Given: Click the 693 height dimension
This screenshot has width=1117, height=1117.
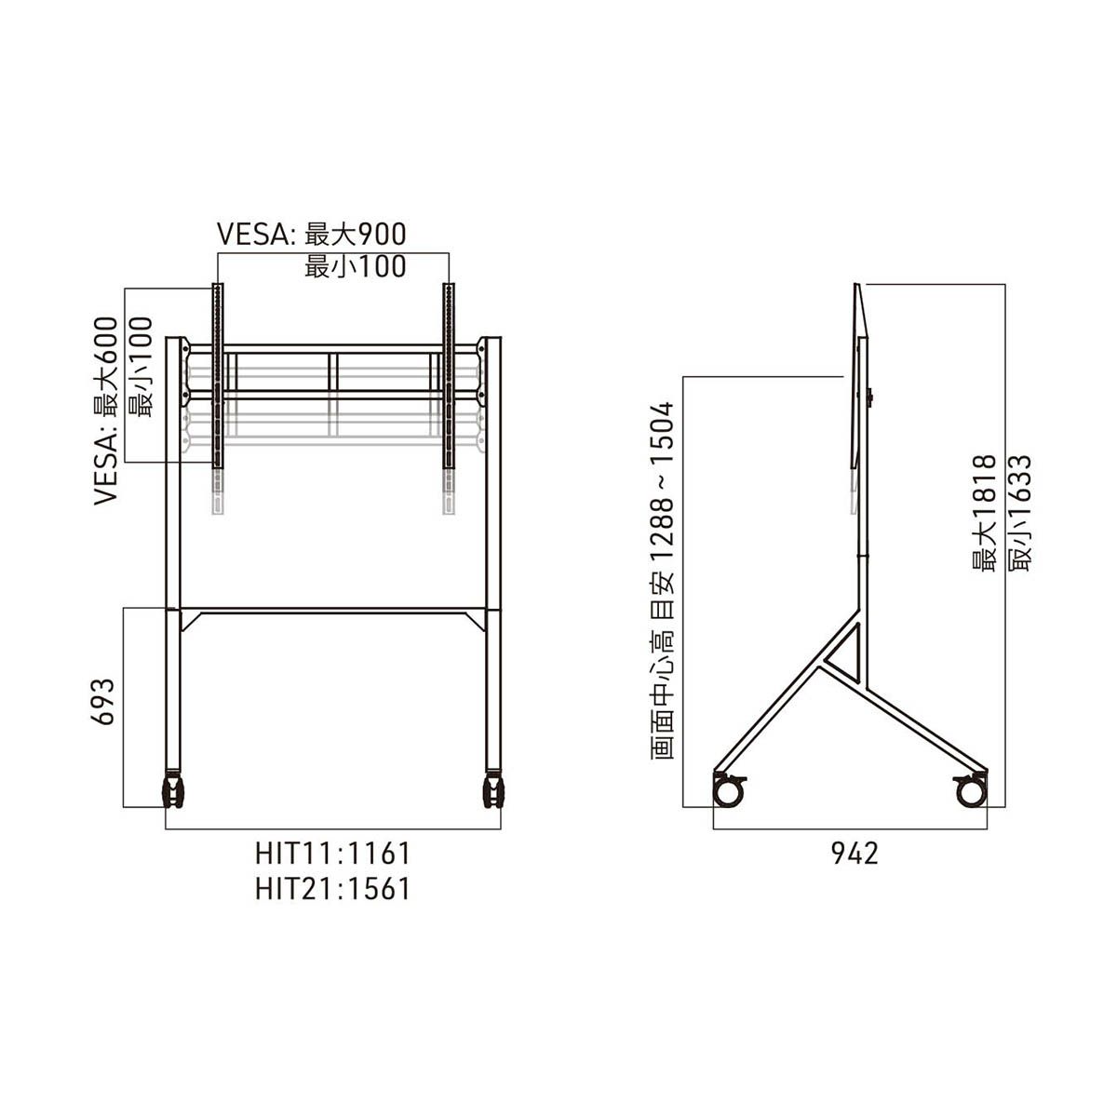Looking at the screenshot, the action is point(103,702).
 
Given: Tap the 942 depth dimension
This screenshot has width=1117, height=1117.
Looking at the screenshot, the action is point(855,854).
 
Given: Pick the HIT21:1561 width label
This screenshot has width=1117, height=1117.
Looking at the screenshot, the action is point(333,889).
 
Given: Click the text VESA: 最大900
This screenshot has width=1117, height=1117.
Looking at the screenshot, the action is point(311,235).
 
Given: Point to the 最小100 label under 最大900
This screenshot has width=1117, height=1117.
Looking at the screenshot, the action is point(356,267).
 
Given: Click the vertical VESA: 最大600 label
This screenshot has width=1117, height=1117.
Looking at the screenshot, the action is point(106,411).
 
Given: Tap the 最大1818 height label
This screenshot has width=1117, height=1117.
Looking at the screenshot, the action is point(984,513).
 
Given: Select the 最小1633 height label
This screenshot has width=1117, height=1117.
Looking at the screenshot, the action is point(1019,513).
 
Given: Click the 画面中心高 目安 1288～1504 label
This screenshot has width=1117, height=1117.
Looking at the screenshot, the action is point(662,580).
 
